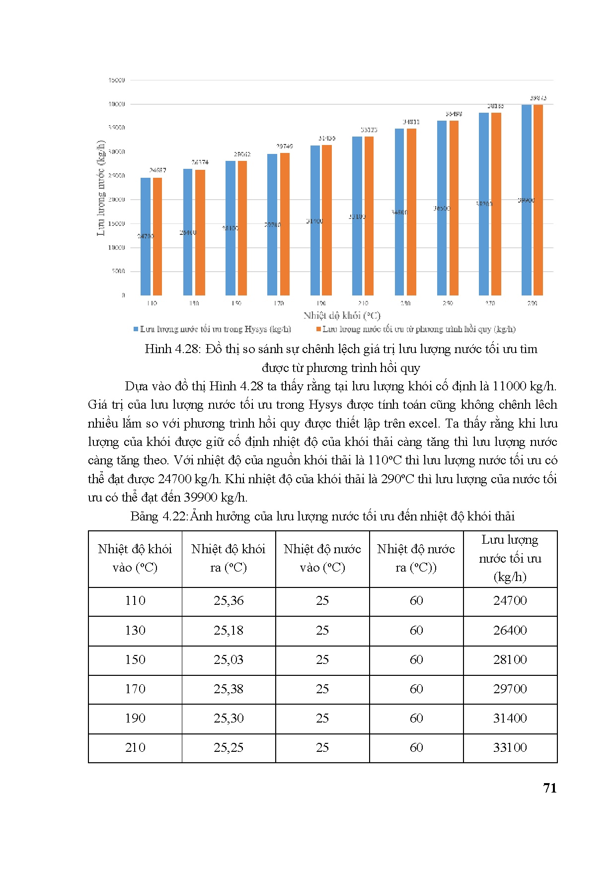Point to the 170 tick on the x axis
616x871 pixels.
[x=279, y=303]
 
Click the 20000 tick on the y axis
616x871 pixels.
[x=117, y=200]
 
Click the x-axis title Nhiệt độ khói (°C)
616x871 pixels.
[x=342, y=315]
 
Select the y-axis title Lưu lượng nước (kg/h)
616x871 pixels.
[x=101, y=188]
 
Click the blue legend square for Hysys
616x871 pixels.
[x=136, y=329]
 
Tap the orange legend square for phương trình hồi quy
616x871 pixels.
[x=318, y=329]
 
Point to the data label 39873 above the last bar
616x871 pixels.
[x=538, y=98]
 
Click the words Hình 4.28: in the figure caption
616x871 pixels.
[x=171, y=349]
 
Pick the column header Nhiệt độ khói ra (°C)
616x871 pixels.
[x=229, y=558]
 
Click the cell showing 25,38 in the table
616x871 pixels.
[x=229, y=689]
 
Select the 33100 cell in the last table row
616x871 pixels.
[x=510, y=747]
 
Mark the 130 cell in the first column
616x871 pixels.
[x=135, y=630]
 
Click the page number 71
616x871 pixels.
[x=550, y=788]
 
